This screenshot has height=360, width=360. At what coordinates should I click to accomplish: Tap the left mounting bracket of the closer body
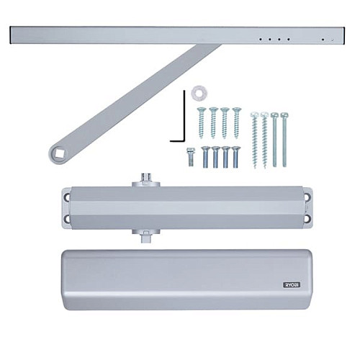[66, 207]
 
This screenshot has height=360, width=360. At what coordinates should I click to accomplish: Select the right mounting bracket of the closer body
[307, 207]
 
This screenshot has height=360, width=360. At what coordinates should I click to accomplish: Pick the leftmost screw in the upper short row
[202, 122]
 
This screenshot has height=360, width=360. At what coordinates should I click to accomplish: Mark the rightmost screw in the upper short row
[235, 122]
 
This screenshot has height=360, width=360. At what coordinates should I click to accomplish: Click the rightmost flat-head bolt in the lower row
[236, 156]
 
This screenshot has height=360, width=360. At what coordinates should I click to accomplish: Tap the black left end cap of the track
[12, 34]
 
